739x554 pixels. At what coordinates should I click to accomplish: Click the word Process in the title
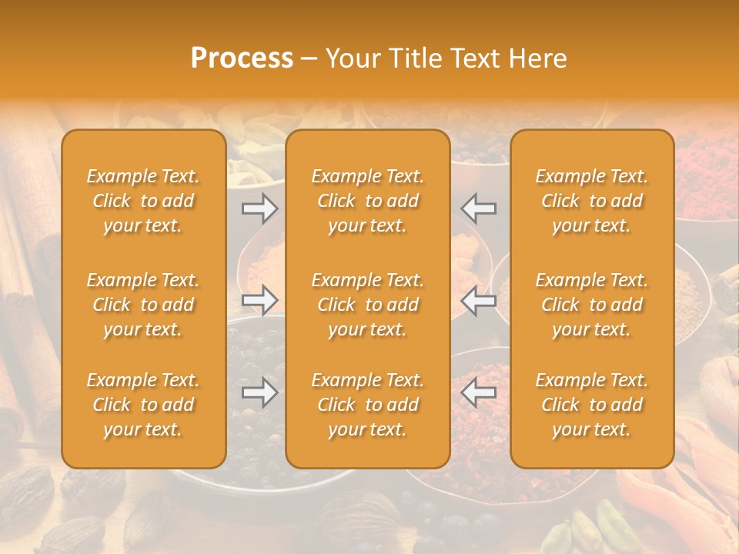coord(242,58)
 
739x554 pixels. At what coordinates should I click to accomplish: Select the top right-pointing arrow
coord(260,208)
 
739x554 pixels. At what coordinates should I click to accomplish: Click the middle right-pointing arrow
coord(260,300)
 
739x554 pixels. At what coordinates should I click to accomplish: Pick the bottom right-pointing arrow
coord(260,392)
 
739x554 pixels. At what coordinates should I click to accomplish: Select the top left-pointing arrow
coord(479,208)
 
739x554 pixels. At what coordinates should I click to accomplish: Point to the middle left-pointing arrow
coord(479,300)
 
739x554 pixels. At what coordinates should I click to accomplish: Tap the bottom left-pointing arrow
coord(479,392)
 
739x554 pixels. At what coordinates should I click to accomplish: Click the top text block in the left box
coord(143,201)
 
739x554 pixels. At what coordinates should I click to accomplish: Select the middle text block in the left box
coord(143,305)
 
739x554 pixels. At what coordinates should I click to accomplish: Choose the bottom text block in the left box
coord(143,405)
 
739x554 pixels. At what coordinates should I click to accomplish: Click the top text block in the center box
coord(368,201)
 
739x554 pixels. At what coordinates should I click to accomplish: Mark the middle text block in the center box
coord(368,305)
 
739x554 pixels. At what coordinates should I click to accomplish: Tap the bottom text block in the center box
coord(368,405)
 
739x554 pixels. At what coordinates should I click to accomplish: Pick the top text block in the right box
coord(592,201)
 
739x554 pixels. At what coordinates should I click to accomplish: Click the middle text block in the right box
coord(592,305)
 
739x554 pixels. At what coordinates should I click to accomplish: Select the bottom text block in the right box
coord(592,405)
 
